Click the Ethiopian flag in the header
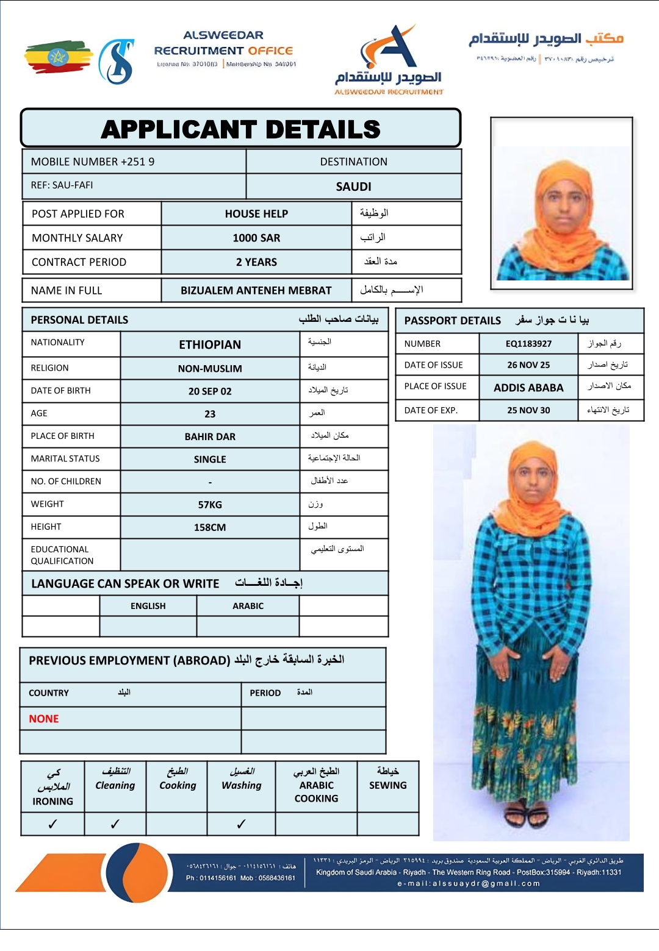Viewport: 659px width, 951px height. tap(58, 57)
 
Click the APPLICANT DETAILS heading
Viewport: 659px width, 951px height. tap(240, 129)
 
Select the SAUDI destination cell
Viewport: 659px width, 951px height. tap(353, 187)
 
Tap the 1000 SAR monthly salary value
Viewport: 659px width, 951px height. tap(256, 238)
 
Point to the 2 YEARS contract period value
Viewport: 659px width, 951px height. tap(256, 262)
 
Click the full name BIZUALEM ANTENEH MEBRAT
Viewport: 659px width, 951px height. tap(256, 290)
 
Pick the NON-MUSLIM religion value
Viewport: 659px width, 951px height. tap(210, 368)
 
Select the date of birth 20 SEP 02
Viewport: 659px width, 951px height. tap(210, 391)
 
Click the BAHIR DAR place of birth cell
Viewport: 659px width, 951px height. tap(210, 436)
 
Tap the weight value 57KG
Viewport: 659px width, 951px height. tap(210, 505)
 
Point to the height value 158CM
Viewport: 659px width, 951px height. tap(210, 527)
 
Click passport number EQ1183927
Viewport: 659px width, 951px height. tap(528, 344)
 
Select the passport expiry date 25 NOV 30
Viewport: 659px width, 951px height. tap(528, 410)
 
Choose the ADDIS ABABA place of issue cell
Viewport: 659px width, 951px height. tap(528, 388)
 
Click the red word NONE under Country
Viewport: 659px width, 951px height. tap(44, 719)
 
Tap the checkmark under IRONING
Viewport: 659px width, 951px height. tap(53, 824)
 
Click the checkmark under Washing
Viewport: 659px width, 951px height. tap(241, 824)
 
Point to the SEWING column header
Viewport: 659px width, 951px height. tap(387, 785)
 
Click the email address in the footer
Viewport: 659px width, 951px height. tap(469, 883)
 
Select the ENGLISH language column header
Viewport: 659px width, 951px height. tap(148, 606)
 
